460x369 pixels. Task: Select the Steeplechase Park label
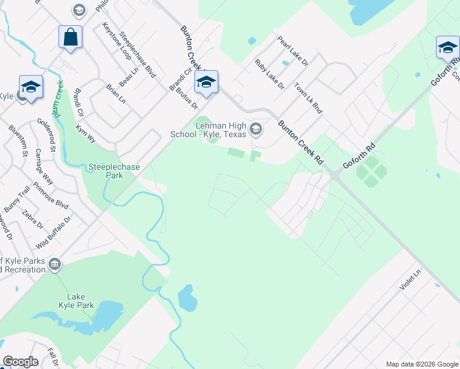(114, 171)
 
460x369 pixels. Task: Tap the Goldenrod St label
(47, 135)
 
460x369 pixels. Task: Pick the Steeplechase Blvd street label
(138, 55)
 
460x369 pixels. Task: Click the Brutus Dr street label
(186, 97)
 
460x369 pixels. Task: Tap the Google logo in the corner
(20, 362)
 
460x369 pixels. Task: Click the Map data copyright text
(421, 364)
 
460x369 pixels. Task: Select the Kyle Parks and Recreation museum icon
(55, 264)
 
